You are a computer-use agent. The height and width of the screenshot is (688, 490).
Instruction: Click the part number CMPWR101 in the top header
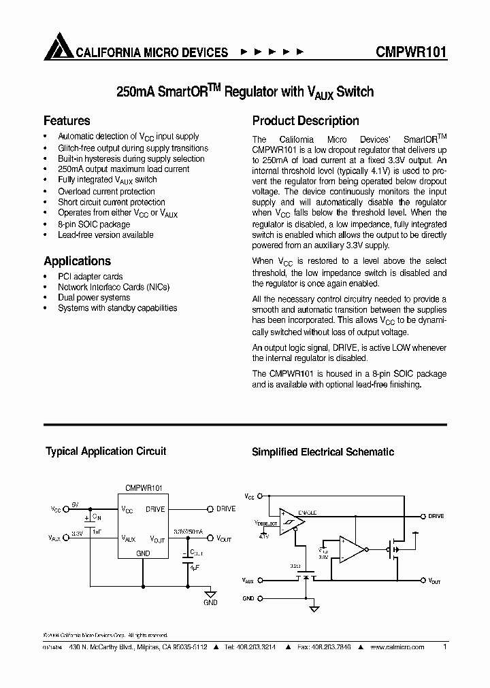click(x=411, y=52)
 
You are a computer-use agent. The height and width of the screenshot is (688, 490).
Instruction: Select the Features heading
click(x=67, y=121)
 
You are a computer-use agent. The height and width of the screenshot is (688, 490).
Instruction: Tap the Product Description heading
click(x=306, y=121)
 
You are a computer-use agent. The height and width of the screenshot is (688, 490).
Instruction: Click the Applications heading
click(x=77, y=261)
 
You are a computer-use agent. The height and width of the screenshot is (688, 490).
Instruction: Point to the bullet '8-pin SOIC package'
click(x=94, y=224)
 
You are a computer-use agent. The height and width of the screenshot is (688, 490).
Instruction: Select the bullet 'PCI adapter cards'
click(x=91, y=277)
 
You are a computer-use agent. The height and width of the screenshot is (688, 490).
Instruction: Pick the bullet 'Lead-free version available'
click(x=105, y=235)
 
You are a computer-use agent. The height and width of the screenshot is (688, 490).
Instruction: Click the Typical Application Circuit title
click(x=105, y=451)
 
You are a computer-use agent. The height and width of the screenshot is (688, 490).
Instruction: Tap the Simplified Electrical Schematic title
click(x=323, y=452)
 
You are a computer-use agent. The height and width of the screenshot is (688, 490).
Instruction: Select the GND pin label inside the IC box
click(x=143, y=553)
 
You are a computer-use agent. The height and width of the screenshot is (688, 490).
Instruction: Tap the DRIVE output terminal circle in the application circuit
click(x=210, y=509)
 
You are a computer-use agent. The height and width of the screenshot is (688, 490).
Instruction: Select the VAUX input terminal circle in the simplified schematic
click(x=260, y=581)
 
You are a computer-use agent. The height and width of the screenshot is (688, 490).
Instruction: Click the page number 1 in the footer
click(x=444, y=647)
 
